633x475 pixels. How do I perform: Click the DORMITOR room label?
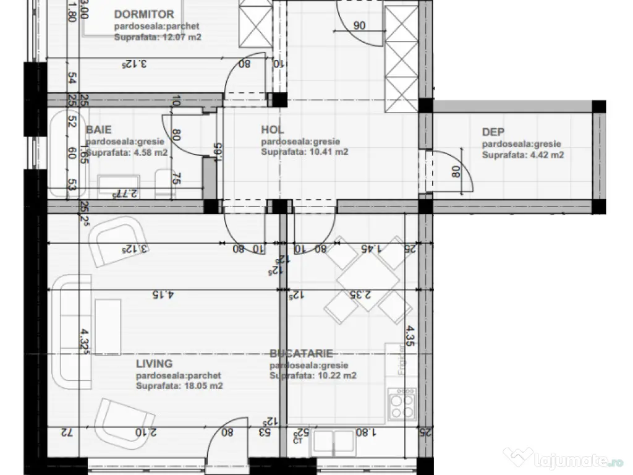click(x=144, y=14)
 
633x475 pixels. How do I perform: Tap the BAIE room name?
click(x=99, y=130)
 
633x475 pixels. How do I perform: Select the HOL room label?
click(x=272, y=130)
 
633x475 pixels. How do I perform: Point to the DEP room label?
click(x=493, y=132)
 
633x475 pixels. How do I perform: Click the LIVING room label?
click(x=154, y=364)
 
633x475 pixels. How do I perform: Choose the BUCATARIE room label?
click(x=301, y=354)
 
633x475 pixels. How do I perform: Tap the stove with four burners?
click(x=402, y=405)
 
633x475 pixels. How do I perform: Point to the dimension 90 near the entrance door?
click(x=359, y=26)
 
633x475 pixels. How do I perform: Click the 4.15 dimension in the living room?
click(x=161, y=295)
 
